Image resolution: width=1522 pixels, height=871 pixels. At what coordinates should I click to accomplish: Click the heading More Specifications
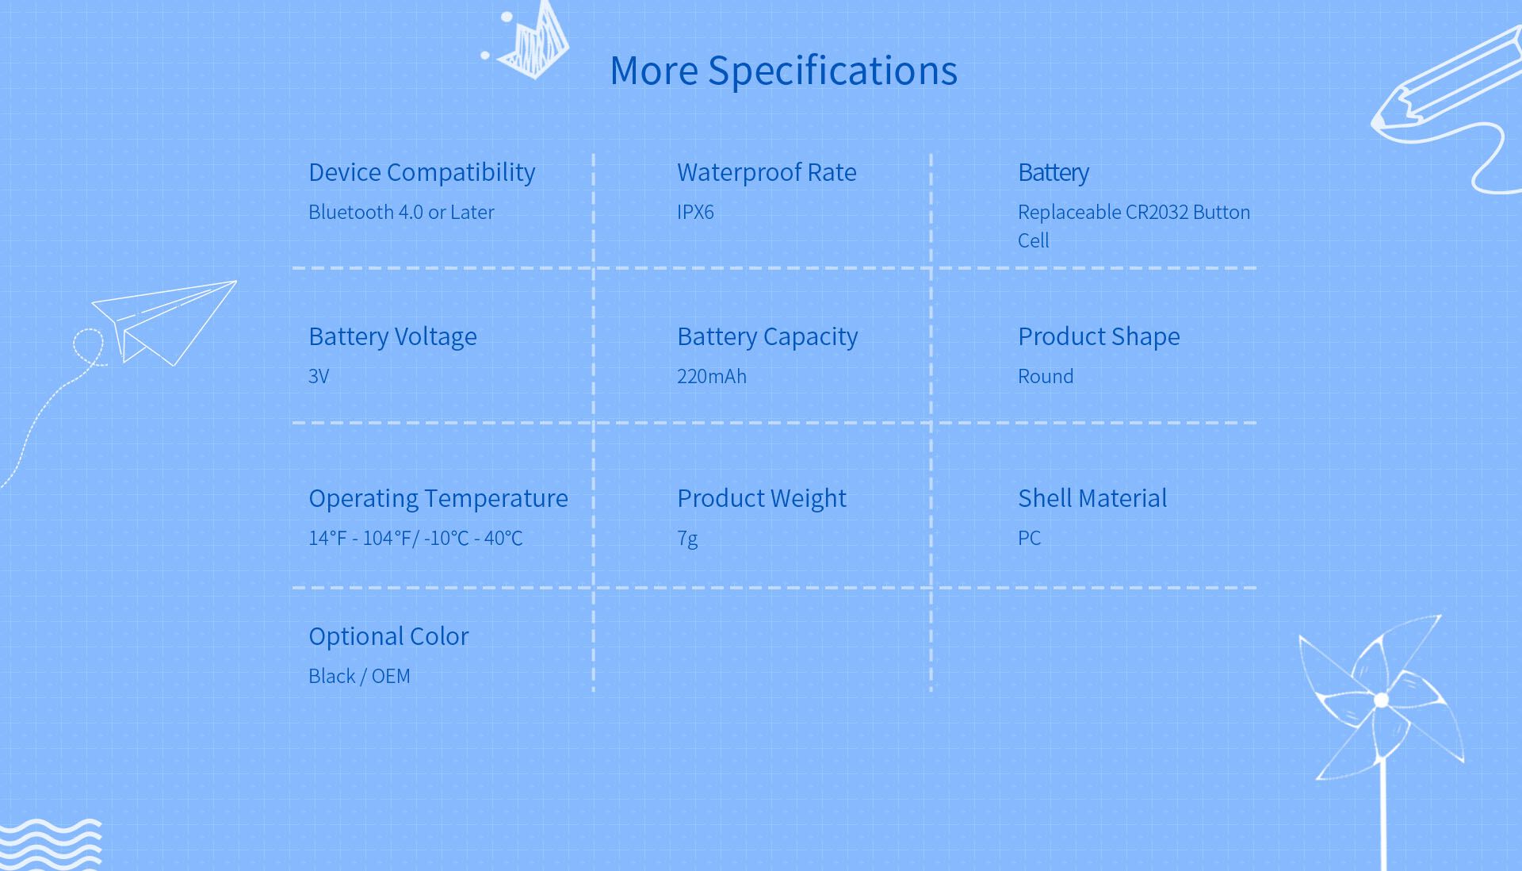point(783,71)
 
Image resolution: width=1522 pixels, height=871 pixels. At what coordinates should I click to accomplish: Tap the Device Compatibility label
point(422,172)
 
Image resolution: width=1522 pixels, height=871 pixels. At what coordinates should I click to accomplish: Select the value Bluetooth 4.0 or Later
point(401,212)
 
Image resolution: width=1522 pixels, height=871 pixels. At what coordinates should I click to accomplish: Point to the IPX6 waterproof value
point(695,212)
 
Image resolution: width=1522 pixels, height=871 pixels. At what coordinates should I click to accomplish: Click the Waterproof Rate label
point(767,172)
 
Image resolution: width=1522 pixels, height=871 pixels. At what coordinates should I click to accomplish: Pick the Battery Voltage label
point(392,336)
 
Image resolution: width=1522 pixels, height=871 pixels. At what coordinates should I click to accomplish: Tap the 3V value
point(319,376)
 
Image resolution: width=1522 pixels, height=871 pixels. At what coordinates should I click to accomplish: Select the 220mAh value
point(712,376)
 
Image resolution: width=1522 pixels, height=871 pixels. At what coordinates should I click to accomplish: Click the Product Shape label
point(1099,336)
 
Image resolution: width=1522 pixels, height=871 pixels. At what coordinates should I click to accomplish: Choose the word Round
point(1046,376)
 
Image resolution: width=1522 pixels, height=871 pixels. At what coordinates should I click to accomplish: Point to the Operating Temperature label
point(438,498)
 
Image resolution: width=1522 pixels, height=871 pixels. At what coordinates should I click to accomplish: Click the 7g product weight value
point(687,539)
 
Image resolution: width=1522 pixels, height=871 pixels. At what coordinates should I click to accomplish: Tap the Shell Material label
point(1092,498)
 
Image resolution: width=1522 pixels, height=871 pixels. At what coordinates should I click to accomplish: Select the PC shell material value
point(1029,538)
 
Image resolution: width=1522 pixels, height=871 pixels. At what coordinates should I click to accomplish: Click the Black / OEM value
point(359,676)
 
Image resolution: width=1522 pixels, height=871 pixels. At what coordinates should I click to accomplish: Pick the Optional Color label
point(388,636)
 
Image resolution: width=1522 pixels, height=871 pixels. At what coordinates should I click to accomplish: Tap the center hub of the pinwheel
point(1381,700)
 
